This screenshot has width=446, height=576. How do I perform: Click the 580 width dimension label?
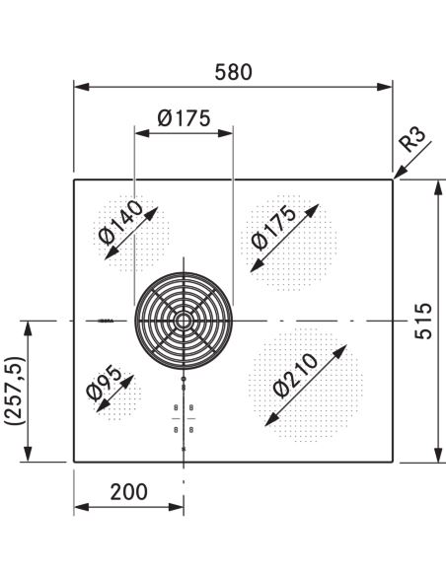tap(233, 72)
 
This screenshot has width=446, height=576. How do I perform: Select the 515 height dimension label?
tap(423, 321)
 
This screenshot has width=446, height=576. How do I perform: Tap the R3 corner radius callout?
tap(413, 139)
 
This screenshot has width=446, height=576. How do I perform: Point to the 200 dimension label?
tap(129, 492)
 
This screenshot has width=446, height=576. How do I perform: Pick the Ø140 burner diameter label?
tap(120, 223)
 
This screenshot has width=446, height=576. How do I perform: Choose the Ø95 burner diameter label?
tap(104, 383)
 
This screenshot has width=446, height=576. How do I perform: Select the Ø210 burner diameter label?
tap(295, 376)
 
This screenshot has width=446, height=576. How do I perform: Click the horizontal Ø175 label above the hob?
tap(185, 118)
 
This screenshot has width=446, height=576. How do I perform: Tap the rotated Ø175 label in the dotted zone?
tap(273, 228)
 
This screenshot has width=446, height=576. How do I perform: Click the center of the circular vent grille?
tap(184, 321)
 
